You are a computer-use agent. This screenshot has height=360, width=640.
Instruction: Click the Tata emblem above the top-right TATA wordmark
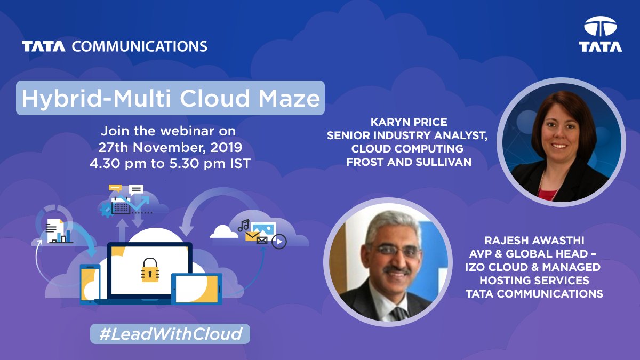click(x=600, y=26)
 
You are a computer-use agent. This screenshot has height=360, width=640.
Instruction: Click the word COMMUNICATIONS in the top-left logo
click(x=139, y=46)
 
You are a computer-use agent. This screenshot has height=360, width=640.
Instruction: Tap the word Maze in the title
click(x=292, y=98)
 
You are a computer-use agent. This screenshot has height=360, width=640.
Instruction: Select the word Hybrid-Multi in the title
click(x=87, y=98)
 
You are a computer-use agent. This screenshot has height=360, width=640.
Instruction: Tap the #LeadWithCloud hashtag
click(x=170, y=334)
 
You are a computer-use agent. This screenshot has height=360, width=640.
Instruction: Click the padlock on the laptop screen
click(x=150, y=270)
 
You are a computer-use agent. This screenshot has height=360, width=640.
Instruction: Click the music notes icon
click(x=244, y=225)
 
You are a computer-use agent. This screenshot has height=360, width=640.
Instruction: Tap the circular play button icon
click(x=279, y=242)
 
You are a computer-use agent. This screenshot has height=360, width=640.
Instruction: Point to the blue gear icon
click(x=106, y=210)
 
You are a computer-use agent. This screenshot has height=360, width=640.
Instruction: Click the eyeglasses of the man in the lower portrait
click(x=389, y=251)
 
